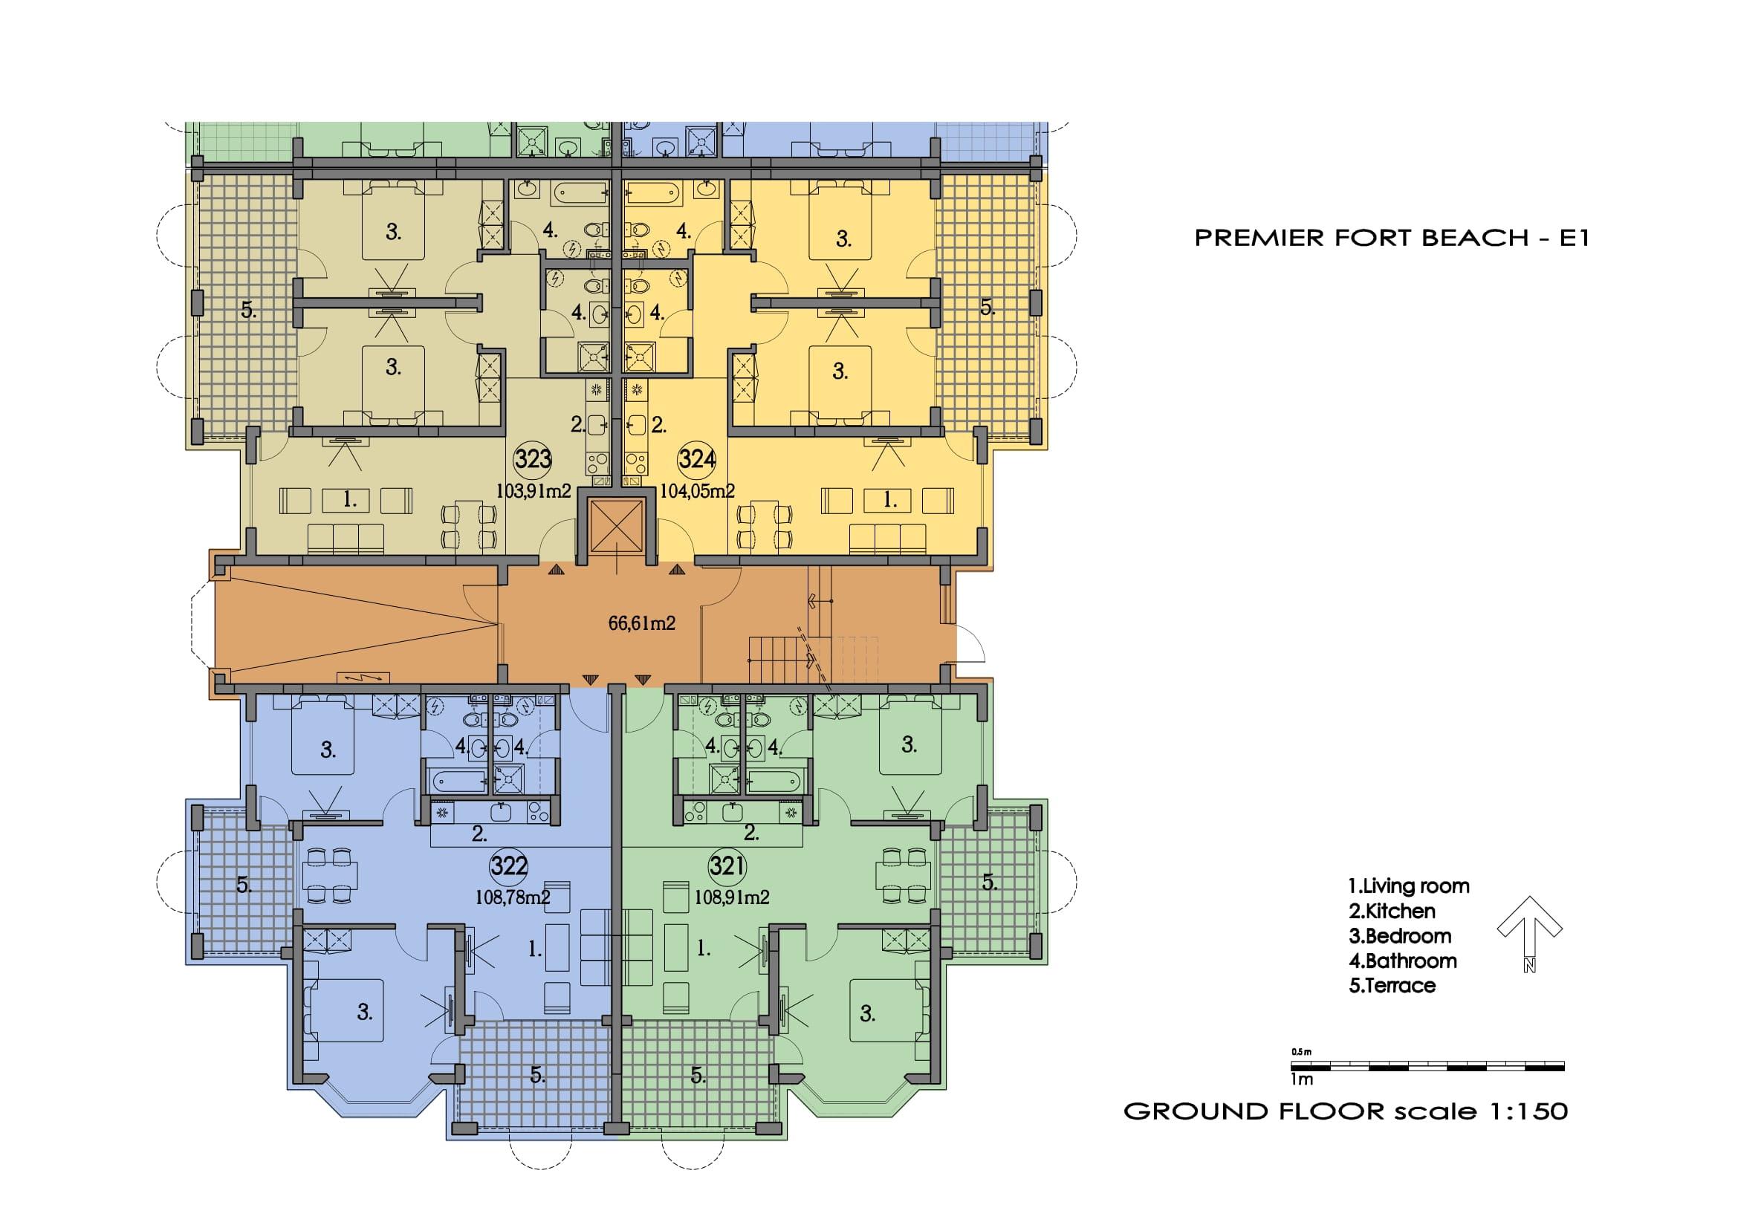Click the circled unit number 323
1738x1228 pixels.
point(533,459)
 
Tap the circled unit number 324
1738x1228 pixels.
point(697,459)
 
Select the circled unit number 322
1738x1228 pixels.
point(509,865)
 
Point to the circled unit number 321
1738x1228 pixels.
point(727,865)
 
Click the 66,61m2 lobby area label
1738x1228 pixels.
point(642,623)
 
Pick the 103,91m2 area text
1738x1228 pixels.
point(533,491)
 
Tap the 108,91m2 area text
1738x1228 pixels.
point(732,897)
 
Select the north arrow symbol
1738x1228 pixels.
point(1529,934)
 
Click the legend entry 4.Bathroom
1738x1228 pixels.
point(1403,961)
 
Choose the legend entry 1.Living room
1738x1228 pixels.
point(1409,886)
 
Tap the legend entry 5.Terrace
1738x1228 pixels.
point(1392,985)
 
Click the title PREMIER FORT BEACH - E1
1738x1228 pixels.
point(1391,238)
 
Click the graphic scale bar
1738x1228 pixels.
point(1427,1067)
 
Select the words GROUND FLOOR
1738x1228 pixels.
point(1254,1111)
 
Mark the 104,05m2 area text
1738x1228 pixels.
point(697,491)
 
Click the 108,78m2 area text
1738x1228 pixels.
point(513,897)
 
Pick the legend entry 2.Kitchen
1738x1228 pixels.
point(1391,911)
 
